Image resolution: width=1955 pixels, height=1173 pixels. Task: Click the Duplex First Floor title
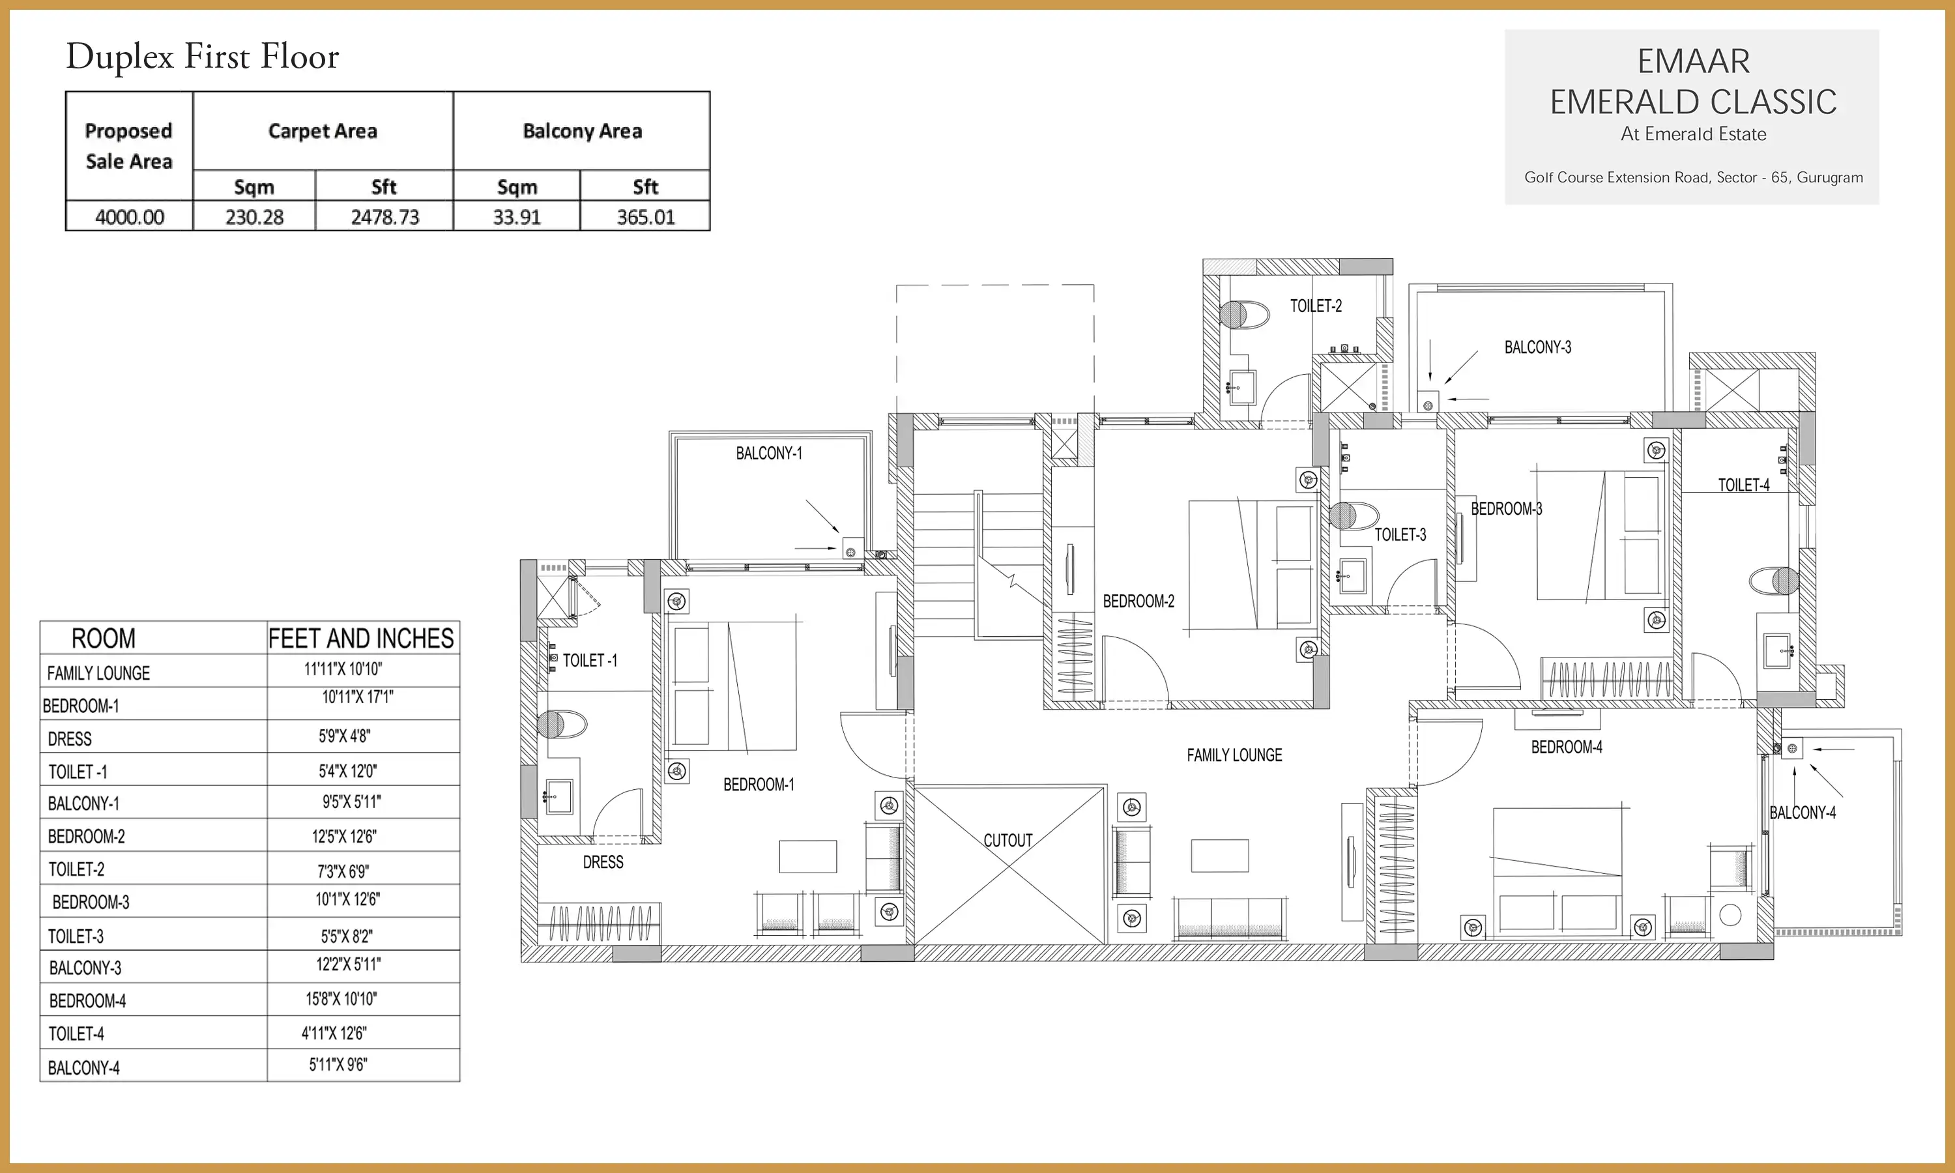pos(202,57)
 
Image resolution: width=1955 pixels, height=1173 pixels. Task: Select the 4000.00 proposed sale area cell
pos(130,216)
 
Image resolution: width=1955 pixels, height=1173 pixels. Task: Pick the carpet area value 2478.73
pos(385,216)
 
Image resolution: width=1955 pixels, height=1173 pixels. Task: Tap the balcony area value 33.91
pos(517,216)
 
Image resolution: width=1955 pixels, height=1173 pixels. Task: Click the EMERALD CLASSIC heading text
pos(1692,102)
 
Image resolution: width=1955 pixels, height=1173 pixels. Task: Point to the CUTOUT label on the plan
pos(1007,840)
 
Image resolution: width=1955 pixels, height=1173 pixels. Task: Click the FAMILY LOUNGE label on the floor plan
pos(1234,755)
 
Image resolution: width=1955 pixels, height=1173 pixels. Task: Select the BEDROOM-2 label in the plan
pos(1138,601)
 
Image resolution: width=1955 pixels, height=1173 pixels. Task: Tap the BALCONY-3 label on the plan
pos(1538,347)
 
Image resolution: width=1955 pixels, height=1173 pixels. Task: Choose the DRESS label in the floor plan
pos(603,862)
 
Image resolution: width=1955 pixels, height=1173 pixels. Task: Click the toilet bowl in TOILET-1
pos(562,724)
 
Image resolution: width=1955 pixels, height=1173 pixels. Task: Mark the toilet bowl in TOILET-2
pos(1244,314)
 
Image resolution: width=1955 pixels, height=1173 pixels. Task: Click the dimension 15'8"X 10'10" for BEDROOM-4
pos(341,998)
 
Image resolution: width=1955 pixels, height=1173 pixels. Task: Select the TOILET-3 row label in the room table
pos(76,936)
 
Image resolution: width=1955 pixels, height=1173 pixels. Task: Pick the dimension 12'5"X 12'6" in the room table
pos(345,836)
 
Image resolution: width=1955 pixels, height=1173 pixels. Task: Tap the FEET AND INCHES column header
pos(361,638)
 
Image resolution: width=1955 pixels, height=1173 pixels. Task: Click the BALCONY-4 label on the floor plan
pos(1803,813)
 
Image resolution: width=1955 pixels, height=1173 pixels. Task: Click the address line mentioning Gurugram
pos(1694,177)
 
